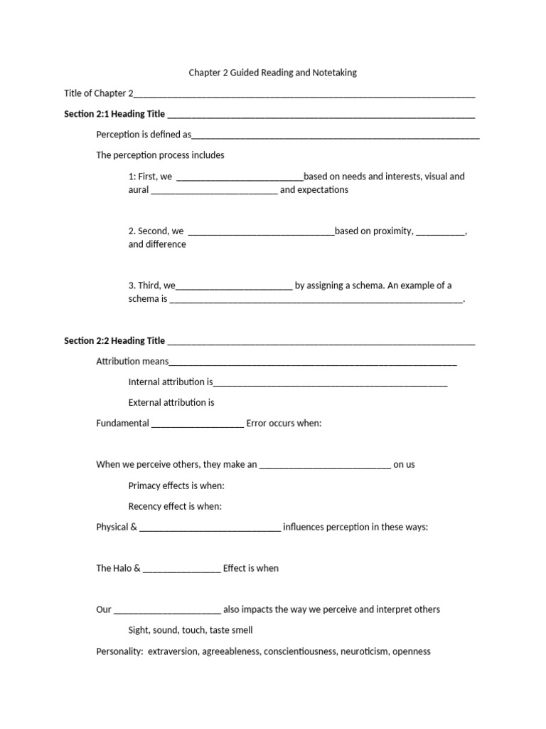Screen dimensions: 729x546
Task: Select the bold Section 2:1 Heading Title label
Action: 114,114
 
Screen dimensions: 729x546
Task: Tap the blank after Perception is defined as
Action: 336,136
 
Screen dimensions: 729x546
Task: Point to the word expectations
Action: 324,190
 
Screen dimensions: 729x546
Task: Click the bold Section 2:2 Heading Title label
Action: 114,341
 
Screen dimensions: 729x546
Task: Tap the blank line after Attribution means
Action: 313,363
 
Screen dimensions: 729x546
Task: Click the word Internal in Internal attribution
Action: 144,382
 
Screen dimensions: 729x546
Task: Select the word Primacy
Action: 146,486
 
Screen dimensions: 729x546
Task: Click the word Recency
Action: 146,507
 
